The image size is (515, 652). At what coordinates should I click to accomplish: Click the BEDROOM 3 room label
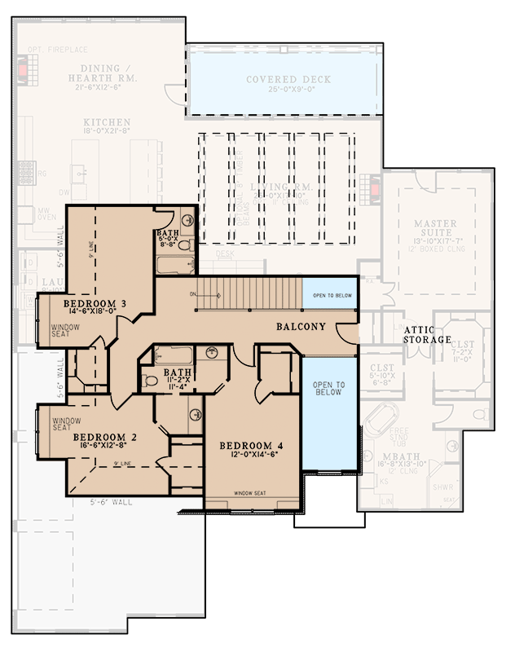click(x=94, y=305)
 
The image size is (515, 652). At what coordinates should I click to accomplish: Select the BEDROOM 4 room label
click(x=251, y=446)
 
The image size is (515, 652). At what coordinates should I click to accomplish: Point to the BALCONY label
click(x=301, y=327)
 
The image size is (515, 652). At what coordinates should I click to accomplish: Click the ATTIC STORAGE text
click(x=427, y=334)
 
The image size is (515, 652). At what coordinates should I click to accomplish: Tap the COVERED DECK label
click(x=283, y=80)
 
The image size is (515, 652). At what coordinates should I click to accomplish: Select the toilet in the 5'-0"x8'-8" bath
click(x=184, y=244)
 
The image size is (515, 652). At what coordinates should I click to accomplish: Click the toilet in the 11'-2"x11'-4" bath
click(x=150, y=381)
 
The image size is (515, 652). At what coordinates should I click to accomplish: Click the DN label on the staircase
click(x=192, y=293)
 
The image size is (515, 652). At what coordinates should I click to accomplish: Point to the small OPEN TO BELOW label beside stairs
click(x=330, y=295)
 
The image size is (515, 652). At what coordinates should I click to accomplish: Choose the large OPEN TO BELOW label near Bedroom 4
click(x=329, y=390)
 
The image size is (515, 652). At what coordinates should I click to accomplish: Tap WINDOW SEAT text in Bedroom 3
click(x=66, y=331)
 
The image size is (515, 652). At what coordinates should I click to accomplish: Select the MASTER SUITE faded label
click(x=435, y=229)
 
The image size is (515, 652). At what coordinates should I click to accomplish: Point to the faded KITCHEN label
click(x=106, y=122)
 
